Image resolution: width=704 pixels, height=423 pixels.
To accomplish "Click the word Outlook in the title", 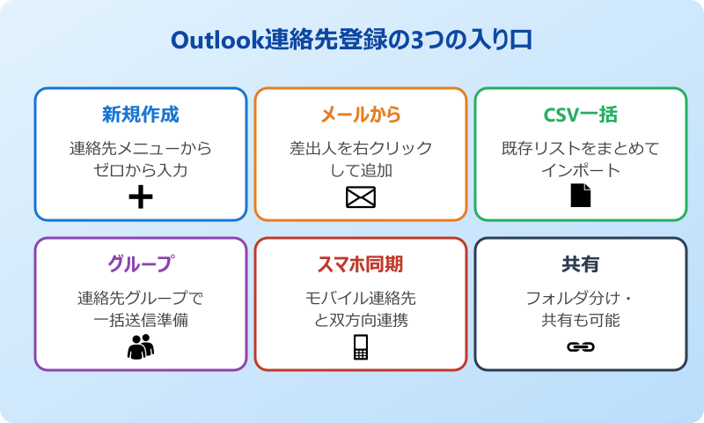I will click(x=216, y=41).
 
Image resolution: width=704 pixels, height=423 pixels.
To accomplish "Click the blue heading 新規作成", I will click(x=141, y=115).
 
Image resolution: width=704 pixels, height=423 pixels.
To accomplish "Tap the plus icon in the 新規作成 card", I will click(x=141, y=197).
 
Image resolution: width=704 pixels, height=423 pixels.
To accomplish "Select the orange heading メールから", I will click(x=361, y=115).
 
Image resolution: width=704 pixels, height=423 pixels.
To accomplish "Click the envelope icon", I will click(x=361, y=197).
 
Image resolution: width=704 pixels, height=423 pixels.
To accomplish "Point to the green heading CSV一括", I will click(x=581, y=115).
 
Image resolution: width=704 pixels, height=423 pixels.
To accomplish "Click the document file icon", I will click(x=581, y=196).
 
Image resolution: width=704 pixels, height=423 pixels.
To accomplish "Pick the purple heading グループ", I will click(x=141, y=264).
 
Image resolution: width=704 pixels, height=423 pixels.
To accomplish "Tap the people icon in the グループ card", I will click(x=141, y=347).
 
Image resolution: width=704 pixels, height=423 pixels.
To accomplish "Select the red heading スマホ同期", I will click(x=361, y=264).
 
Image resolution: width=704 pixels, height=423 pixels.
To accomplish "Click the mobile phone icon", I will click(x=361, y=347).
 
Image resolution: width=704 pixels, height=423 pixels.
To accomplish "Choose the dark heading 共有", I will click(x=581, y=264).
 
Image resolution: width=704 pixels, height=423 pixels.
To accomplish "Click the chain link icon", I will click(x=581, y=347).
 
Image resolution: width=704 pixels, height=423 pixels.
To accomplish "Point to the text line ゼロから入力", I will click(x=141, y=170).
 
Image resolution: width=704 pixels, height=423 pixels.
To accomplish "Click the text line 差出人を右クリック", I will click(x=361, y=148).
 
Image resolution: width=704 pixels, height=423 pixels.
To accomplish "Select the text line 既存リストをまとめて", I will click(x=581, y=148).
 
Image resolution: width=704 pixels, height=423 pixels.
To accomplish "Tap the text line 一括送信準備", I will click(x=141, y=320).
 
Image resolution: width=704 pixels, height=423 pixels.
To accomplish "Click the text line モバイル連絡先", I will click(x=361, y=298).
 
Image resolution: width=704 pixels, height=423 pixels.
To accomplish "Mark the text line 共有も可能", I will click(x=581, y=320).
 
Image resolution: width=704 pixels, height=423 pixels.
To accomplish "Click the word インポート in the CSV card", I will click(x=581, y=170).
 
